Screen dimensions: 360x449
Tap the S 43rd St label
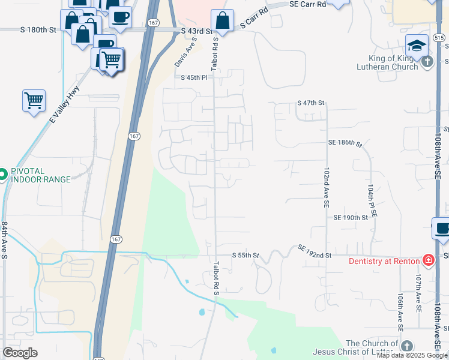pyautogui.click(x=197, y=31)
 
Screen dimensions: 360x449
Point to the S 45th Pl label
pyautogui.click(x=194, y=77)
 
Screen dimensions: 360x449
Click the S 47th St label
pyautogui.click(x=310, y=103)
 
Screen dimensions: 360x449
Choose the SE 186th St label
pyautogui.click(x=345, y=143)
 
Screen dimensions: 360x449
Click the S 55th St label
pyautogui.click(x=246, y=255)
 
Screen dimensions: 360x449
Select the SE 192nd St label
pyautogui.click(x=315, y=251)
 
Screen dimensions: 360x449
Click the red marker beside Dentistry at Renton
pyautogui.click(x=428, y=260)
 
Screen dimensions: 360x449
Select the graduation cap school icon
pyautogui.click(x=416, y=45)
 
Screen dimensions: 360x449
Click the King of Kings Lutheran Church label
pyautogui.click(x=393, y=62)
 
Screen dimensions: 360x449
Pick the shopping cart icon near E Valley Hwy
pyautogui.click(x=34, y=100)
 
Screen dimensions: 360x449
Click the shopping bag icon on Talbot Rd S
pyautogui.click(x=222, y=20)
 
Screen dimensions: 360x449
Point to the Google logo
pyautogui.click(x=20, y=353)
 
